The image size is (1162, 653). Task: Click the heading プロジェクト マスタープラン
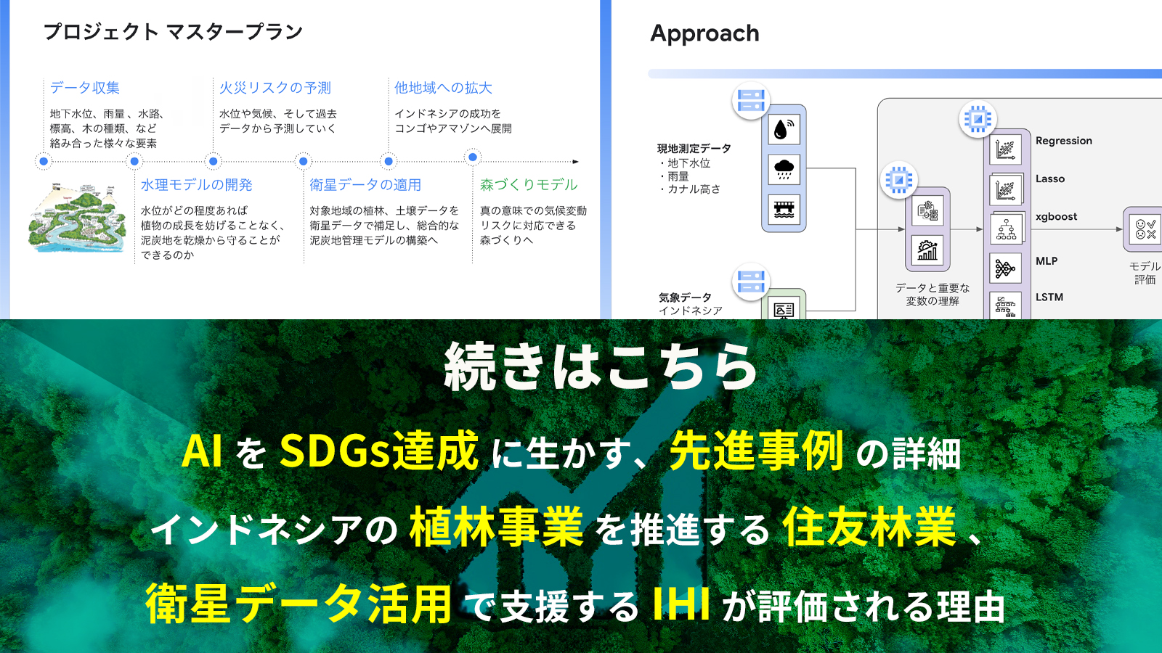(173, 32)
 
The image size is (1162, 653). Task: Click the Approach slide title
(704, 33)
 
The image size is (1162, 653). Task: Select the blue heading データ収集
(84, 88)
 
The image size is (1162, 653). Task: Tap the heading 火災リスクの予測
(275, 88)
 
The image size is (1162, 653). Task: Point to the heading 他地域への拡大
(443, 88)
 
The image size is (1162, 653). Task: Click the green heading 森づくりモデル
(529, 184)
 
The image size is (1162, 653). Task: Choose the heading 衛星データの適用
(365, 184)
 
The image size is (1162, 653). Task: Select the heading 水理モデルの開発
(197, 184)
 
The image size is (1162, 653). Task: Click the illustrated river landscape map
(77, 218)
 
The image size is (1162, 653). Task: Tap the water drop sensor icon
(784, 129)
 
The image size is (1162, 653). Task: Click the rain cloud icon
(784, 169)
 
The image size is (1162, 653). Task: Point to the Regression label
(1063, 141)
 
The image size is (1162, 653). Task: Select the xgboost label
(1056, 217)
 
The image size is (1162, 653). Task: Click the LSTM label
(1049, 297)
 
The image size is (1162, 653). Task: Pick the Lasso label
(1050, 178)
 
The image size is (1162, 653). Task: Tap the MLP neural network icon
(1005, 268)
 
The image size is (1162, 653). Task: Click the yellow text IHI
(680, 604)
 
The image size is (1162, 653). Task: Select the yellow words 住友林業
(869, 527)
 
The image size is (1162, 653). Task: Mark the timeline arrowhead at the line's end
(575, 162)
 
